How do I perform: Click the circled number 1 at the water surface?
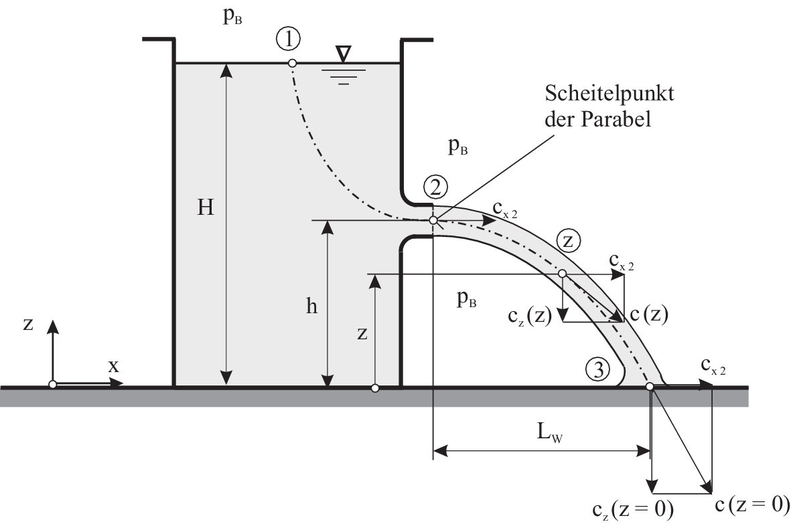coord(289,39)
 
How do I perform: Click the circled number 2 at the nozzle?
coord(435,187)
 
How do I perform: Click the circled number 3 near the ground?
coord(597,368)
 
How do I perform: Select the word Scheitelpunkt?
coord(609,93)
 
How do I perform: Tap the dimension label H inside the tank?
coord(206,208)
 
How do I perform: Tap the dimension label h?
coord(311,306)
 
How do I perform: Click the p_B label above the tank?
coord(232,17)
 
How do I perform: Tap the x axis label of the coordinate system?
coord(113,365)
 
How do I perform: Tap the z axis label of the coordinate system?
coord(28,324)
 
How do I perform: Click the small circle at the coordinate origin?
coord(52,385)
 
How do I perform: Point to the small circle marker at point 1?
coord(292,63)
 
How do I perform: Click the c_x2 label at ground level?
coord(713,365)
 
